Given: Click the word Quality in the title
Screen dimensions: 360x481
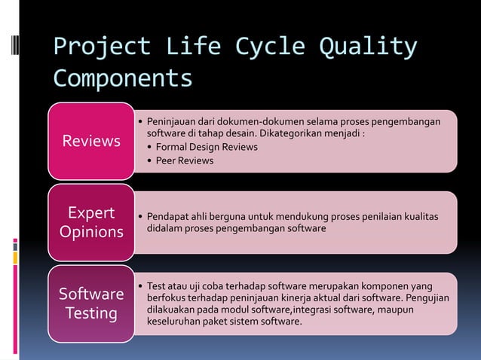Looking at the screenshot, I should coord(368,47).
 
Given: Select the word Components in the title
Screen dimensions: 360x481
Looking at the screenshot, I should coord(122,78).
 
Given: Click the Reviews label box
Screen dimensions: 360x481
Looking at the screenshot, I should coord(91,141).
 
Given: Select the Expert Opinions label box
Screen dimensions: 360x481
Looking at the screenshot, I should coord(91,221).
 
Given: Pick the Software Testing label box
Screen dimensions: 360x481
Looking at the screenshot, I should coord(91,303).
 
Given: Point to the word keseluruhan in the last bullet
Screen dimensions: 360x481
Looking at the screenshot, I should coord(176,322).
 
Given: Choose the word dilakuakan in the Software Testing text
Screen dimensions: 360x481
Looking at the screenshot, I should coord(173,310).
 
